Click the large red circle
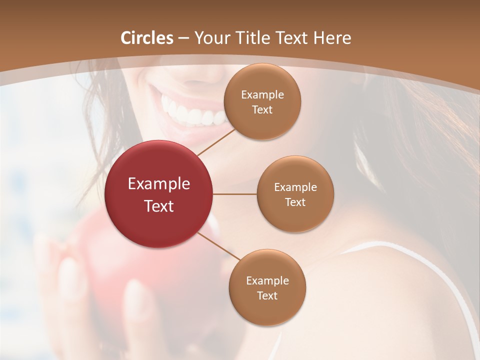point(159,194)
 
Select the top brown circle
point(262,101)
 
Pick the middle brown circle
point(295,194)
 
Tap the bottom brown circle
point(267,287)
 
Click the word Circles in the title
point(147,38)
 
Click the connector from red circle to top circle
point(216,142)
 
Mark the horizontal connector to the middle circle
point(234,194)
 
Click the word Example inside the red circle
point(159,184)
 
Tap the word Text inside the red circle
point(159,205)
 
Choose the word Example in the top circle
point(262,94)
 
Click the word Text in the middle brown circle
point(295,202)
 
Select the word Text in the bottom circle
point(267,295)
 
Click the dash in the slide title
point(183,38)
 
